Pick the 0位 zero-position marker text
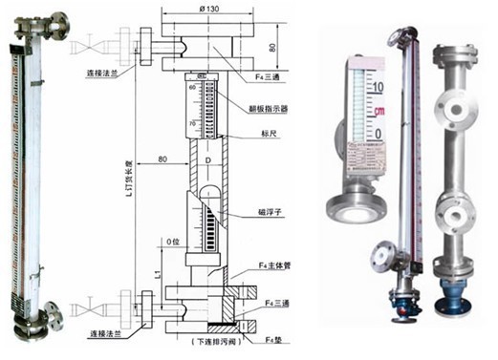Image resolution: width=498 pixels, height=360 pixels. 172,242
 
